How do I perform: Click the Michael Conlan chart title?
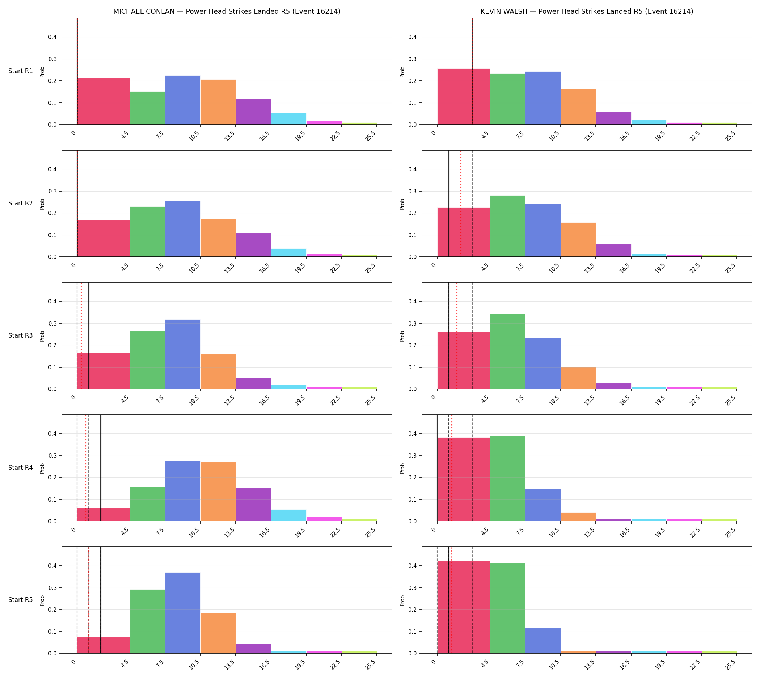coord(227,12)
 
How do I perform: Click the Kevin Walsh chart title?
coord(587,12)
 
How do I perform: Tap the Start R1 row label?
coord(21,71)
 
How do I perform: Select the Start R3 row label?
coord(21,335)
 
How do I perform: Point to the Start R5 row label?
coord(21,600)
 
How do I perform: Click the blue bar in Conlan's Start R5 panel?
coord(183,613)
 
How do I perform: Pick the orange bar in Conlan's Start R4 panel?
coord(218,492)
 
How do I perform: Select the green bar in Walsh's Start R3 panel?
coord(507,351)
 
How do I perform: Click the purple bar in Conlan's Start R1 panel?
coord(254,112)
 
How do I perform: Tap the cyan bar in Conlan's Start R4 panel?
coord(289,515)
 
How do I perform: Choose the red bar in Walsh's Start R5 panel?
coord(464,607)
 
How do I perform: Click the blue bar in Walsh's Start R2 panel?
coord(543,230)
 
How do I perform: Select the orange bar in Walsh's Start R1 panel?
coord(578,107)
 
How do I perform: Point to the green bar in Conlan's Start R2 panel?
coord(148,232)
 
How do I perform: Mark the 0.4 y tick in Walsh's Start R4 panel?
coord(414,433)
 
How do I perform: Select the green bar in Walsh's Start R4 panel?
coord(507,479)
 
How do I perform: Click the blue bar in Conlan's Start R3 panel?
coord(183,355)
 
